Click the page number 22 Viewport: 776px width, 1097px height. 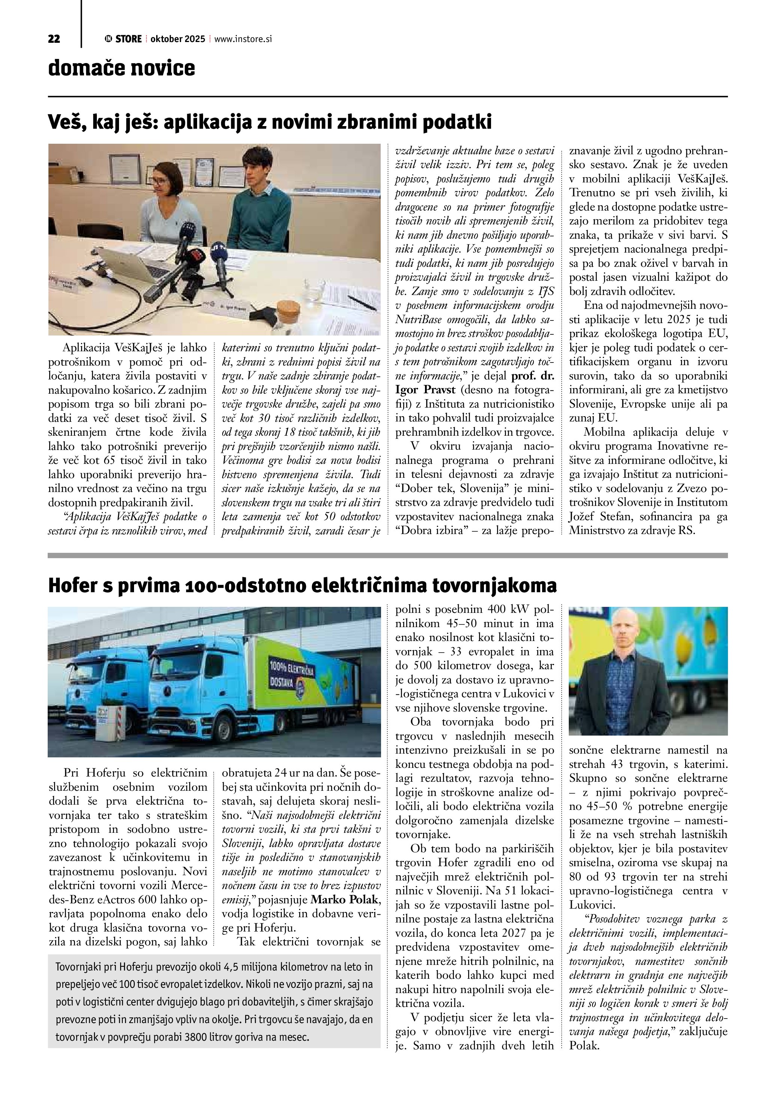[54, 39]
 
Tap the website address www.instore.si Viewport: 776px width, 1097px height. [243, 39]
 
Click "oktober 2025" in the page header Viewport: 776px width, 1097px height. [177, 39]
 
